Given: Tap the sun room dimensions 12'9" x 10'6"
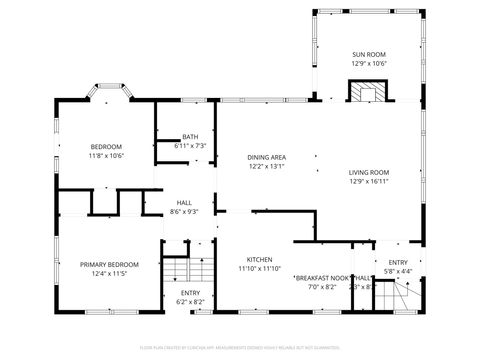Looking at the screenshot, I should coord(369,63).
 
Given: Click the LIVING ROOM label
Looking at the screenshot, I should coord(369,172).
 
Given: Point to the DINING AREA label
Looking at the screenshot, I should coord(267,157).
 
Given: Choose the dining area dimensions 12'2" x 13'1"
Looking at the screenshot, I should coord(267,167).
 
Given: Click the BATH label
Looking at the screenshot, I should coord(190,137).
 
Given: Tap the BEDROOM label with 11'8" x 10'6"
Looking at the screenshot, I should coord(105,146).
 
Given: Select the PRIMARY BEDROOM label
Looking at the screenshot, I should coord(109,264).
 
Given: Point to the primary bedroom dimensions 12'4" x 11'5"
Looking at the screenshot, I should coord(109,273).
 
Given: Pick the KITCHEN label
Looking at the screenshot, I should coord(259,258).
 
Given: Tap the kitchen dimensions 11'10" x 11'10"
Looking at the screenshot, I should coord(259,268).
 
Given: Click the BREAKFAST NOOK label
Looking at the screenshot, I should coord(322,277).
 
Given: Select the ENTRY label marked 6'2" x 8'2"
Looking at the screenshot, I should coord(190,292).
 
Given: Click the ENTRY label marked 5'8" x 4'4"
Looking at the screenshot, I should coord(398,262).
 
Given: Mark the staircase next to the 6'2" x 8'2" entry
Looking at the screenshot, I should coord(177,270).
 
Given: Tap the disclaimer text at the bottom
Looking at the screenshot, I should coord(240,348).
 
